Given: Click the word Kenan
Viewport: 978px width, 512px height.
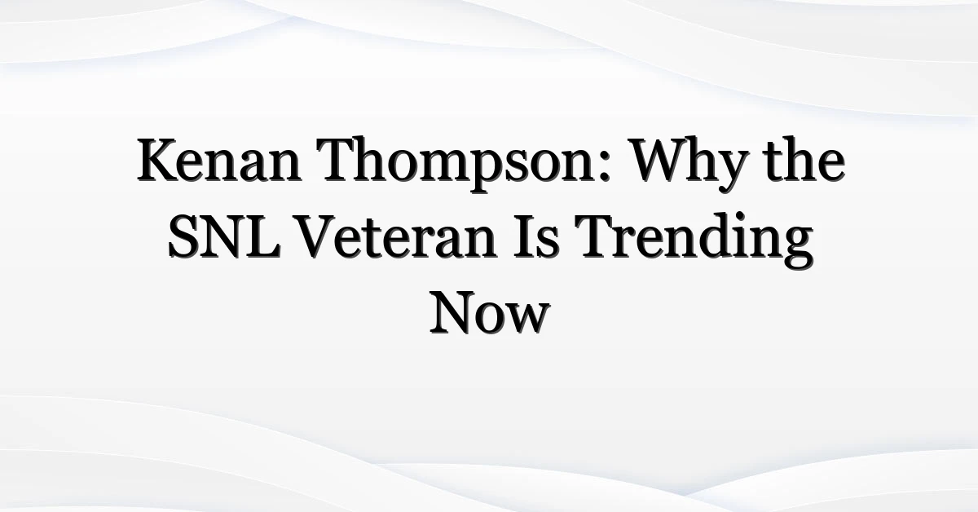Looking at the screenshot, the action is tap(219, 160).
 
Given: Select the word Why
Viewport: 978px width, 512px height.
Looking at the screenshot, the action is tap(688, 164).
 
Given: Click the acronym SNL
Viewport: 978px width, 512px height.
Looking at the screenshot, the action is tap(224, 236).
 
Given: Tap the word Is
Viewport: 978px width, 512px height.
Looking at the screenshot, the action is tap(536, 236).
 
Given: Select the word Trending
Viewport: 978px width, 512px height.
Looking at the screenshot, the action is tap(694, 241).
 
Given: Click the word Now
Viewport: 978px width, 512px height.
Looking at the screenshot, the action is tap(490, 313).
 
